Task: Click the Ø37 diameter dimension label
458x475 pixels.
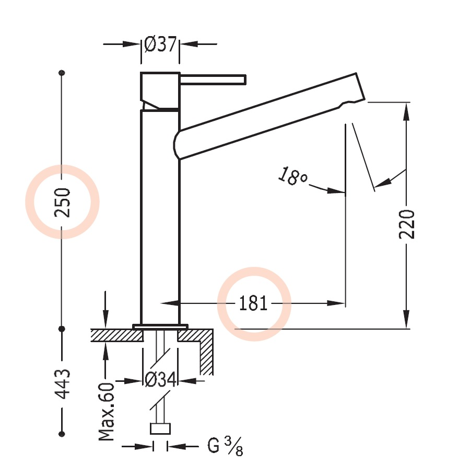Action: (160, 45)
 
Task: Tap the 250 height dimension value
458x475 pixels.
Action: (63, 202)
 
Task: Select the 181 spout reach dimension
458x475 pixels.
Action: (253, 303)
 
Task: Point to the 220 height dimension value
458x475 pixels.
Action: (407, 224)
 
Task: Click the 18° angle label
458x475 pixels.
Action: (292, 176)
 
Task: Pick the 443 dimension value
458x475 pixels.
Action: (63, 384)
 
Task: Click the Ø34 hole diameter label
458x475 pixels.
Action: (160, 381)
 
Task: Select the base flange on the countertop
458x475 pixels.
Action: (160, 326)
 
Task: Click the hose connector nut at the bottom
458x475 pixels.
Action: (160, 428)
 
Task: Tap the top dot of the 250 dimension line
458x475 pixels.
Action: (62, 72)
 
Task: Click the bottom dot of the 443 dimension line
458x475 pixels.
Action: (62, 433)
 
